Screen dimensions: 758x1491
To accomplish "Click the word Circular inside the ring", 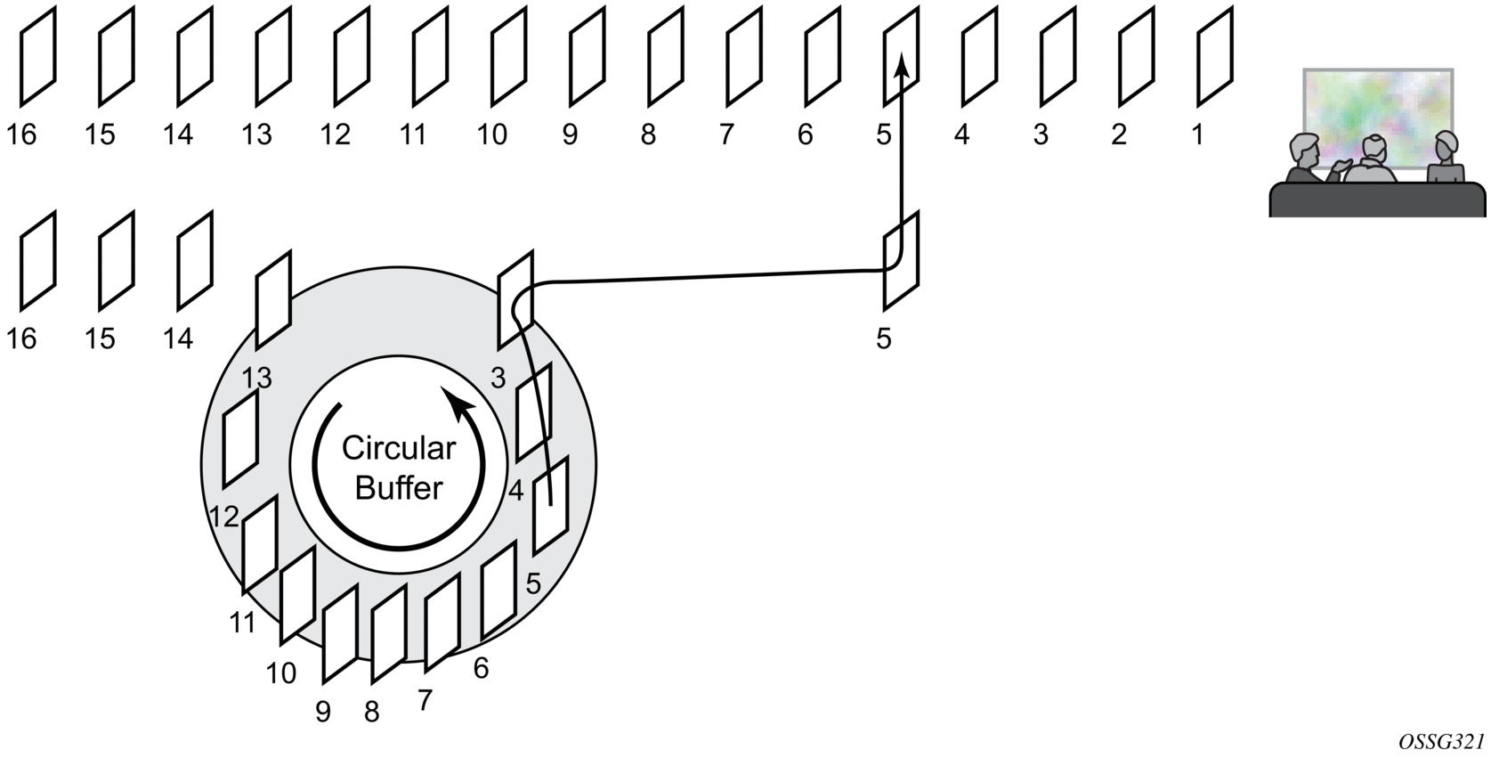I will [399, 448].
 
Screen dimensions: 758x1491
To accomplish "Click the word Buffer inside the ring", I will [399, 488].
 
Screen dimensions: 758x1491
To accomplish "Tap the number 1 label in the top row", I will [1197, 134].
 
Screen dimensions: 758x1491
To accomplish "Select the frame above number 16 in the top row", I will [38, 56].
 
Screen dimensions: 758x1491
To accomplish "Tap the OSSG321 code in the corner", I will [1441, 741].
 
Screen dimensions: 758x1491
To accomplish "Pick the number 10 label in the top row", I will [491, 134].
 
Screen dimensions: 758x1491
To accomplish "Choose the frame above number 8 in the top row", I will [666, 56].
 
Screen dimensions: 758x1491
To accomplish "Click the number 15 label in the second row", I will [100, 338].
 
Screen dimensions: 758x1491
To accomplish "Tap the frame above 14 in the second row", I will [195, 259].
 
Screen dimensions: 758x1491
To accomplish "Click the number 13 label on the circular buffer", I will [256, 378].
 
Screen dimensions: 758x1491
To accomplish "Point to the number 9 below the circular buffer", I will [323, 712].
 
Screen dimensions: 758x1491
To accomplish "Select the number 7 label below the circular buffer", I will [425, 701].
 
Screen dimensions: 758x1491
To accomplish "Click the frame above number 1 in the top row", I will [1215, 56].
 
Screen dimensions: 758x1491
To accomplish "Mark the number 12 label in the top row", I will [335, 134].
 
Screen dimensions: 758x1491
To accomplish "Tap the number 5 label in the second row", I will [883, 338].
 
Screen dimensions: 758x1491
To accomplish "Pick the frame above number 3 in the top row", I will [1058, 56].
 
